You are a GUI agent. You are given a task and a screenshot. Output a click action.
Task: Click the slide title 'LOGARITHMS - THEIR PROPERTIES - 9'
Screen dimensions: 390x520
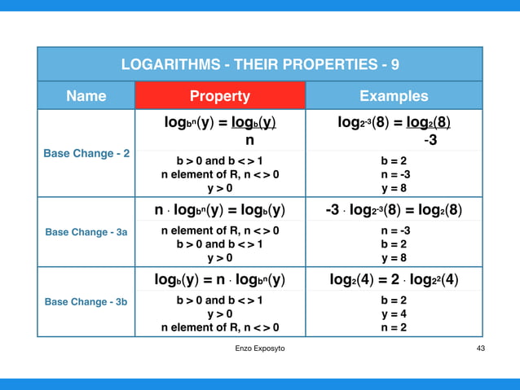coord(260,64)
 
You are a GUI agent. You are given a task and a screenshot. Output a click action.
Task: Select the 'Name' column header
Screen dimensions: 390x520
coord(86,96)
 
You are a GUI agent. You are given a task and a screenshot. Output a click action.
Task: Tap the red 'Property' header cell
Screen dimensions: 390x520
coord(219,96)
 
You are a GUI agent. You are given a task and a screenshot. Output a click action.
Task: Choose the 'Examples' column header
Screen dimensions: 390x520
coord(394,96)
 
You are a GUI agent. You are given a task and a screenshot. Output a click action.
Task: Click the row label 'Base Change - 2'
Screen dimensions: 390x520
coord(87,152)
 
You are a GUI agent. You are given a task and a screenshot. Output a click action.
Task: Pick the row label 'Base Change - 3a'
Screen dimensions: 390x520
coord(86,232)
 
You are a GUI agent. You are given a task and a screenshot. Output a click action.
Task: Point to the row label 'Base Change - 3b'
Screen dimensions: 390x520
coord(86,301)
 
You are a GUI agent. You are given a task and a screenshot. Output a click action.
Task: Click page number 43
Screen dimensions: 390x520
coord(480,348)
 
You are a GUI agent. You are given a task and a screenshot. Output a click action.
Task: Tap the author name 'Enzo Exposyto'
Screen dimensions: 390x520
coord(259,348)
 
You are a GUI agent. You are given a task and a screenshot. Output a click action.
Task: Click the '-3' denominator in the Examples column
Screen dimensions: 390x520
coord(430,140)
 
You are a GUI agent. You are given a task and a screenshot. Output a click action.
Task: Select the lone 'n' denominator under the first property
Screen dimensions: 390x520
coord(249,140)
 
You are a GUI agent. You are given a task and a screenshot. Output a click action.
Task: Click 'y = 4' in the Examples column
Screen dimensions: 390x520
coord(394,313)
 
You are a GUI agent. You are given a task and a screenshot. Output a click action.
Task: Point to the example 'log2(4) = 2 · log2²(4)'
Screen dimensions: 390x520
coord(394,281)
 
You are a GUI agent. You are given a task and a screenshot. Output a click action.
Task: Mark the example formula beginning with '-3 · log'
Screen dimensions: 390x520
coord(394,210)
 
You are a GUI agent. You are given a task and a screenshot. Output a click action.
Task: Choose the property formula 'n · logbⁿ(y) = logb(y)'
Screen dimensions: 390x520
coord(219,210)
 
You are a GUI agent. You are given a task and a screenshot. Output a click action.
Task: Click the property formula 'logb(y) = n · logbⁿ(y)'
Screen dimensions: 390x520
coord(219,281)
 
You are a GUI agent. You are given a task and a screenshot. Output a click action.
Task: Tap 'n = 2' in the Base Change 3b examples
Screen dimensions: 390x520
coord(394,327)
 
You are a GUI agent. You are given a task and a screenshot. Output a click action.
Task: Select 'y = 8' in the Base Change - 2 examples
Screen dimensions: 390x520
coord(394,188)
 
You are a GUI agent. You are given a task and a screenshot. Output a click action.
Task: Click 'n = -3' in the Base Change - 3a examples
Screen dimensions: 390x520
coord(394,230)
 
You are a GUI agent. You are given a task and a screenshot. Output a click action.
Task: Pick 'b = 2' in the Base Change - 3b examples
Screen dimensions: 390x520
coord(394,300)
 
